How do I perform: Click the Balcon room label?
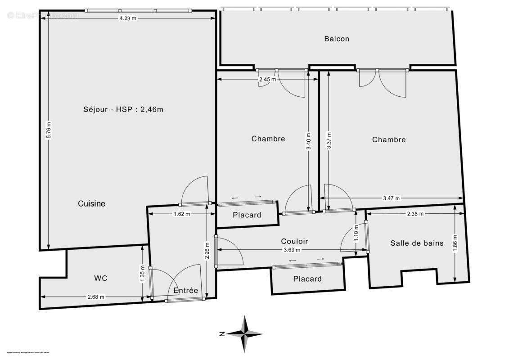pos(337,39)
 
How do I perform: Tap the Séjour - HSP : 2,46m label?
pos(123,109)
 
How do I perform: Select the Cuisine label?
pos(91,203)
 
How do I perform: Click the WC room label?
pos(101,278)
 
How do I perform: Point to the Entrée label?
pos(186,291)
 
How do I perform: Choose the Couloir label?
pos(294,241)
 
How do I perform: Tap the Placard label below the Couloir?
pos(307,279)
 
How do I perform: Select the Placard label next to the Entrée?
pos(247,215)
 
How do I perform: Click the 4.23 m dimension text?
pos(127,18)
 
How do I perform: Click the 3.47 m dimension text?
pos(391,198)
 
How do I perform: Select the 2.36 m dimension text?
pos(414,214)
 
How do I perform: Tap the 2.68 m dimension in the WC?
pos(96,297)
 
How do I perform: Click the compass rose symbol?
pos(245,334)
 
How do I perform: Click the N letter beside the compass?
pos(222,334)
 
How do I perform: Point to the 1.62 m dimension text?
pos(182,214)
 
